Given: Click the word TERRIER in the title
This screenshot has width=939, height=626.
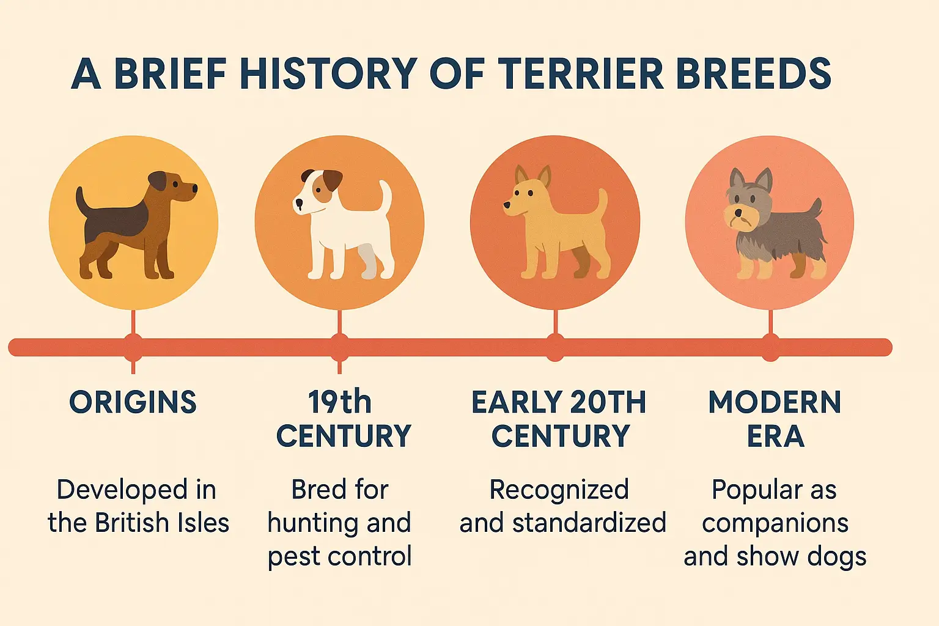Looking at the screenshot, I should tap(581, 74).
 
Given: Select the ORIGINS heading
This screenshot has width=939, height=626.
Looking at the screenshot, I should tap(133, 402).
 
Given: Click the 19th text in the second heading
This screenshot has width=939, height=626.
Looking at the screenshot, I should tap(339, 402).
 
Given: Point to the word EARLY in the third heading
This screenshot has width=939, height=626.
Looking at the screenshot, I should tap(510, 402).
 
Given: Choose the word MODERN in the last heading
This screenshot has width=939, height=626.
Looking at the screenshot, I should tap(775, 402).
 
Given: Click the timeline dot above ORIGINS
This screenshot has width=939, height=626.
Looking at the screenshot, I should tap(133, 347).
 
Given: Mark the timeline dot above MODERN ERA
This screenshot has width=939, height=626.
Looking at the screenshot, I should tap(770, 347).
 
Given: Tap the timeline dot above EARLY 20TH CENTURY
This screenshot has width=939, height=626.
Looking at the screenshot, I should tap(555, 347).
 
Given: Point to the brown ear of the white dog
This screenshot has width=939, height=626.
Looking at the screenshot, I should tap(332, 180).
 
